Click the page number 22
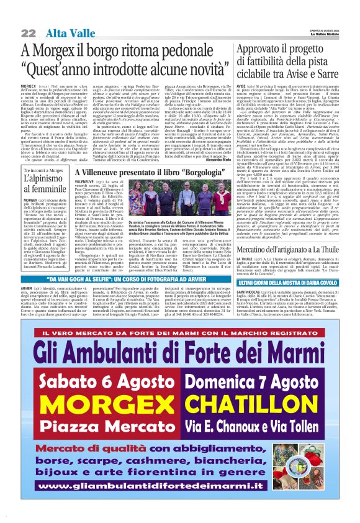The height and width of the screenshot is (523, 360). coord(29,32)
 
